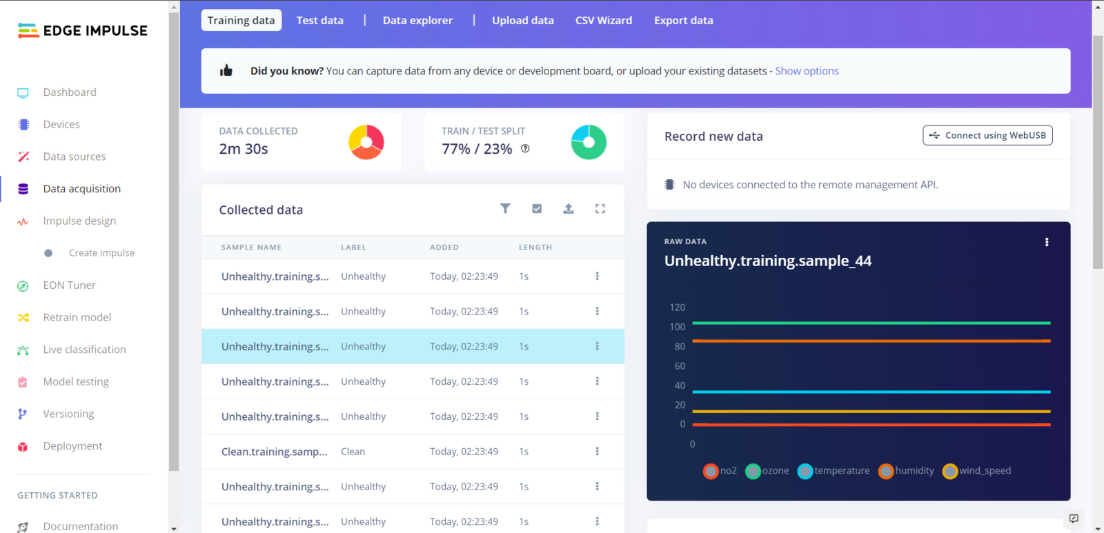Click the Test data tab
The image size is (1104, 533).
tap(319, 21)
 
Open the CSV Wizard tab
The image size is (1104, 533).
tap(603, 21)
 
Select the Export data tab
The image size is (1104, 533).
tap(683, 21)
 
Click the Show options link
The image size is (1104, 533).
tap(807, 71)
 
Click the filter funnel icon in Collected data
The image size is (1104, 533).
tap(505, 208)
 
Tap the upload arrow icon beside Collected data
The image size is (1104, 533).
tap(569, 208)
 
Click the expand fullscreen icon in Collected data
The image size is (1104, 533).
tap(600, 208)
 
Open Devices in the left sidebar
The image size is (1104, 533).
tap(61, 124)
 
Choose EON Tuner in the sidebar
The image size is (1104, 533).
tap(69, 285)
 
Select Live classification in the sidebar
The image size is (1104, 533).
tap(84, 350)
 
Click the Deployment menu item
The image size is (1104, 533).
tap(72, 446)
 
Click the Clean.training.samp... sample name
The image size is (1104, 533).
tap(274, 452)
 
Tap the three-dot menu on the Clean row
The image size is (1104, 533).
tap(597, 452)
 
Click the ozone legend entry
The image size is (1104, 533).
tap(767, 471)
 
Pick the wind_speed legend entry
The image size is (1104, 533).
tap(977, 471)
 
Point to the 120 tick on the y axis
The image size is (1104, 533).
tap(678, 308)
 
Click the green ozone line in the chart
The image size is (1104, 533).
tap(871, 323)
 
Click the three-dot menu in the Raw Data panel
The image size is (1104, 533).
tap(1047, 242)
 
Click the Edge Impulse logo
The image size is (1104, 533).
tap(82, 30)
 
